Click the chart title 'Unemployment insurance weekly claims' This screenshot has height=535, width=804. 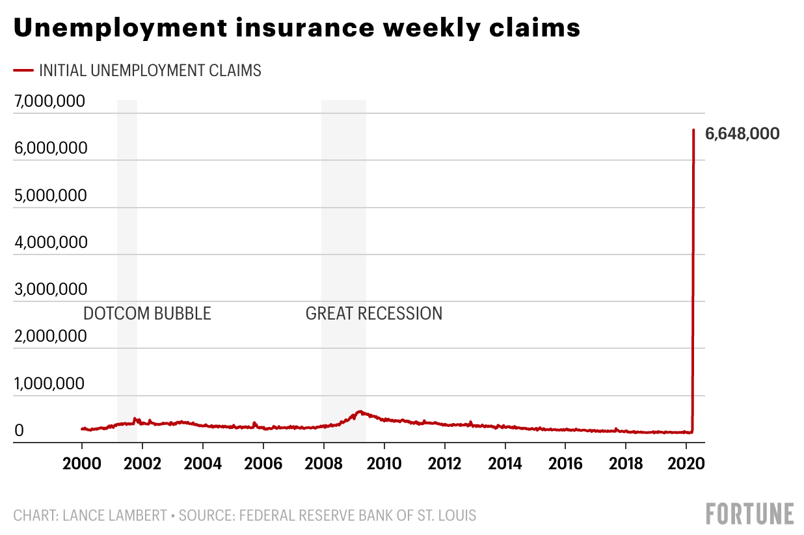pos(297,29)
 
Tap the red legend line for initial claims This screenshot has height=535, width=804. pos(23,70)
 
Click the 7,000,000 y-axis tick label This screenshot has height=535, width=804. pos(49,102)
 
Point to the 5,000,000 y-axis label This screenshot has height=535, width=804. pos(49,195)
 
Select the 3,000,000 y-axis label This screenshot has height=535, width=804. pos(49,289)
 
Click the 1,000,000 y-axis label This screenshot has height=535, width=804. pos(49,383)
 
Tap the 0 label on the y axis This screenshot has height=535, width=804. pos(20,430)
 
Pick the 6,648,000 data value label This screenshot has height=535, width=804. pos(742,134)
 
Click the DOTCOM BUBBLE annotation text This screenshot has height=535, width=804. pos(147,314)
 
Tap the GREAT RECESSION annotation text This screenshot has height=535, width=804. pos(374,314)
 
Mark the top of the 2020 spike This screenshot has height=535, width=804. pos(693,130)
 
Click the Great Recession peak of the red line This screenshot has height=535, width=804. pos(359,411)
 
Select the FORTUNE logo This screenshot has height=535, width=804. pos(750,514)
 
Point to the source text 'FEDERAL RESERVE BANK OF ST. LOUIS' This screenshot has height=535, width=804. pos(358,515)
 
